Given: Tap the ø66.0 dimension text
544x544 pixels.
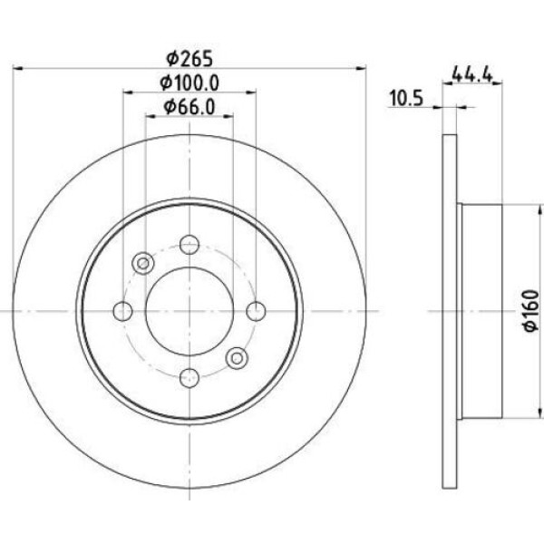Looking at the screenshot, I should [189, 108].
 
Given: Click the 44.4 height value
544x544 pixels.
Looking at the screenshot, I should [471, 75].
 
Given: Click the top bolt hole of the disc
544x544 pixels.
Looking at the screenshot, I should [189, 245].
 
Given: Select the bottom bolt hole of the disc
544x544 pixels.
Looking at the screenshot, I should [189, 378].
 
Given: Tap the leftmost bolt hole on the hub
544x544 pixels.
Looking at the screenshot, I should [122, 312].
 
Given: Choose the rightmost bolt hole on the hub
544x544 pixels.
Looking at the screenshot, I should [256, 312].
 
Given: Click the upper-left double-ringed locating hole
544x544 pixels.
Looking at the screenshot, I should [142, 264].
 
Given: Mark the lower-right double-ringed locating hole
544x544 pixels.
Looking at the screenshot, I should [236, 358].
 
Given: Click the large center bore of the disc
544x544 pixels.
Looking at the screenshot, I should [189, 312].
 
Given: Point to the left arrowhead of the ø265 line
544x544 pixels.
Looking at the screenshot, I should [19, 69].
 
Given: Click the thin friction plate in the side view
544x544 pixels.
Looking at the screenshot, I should [449, 312].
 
